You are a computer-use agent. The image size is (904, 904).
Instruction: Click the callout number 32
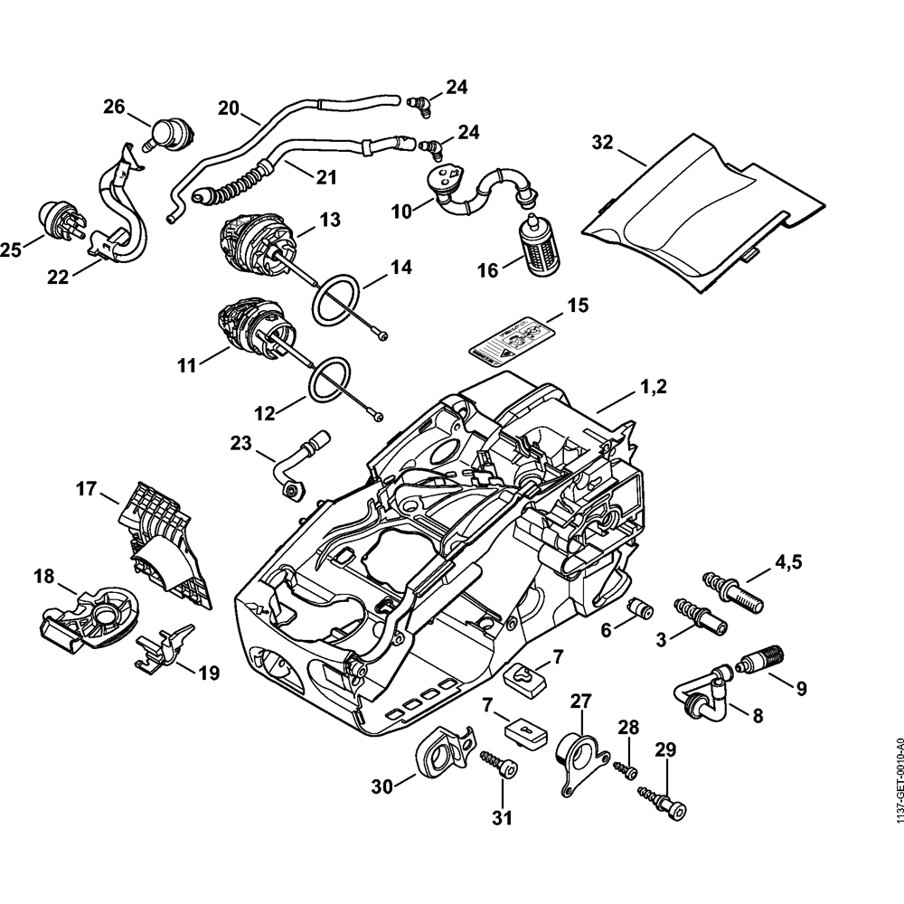(x=602, y=142)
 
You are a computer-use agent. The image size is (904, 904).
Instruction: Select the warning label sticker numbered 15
(x=513, y=341)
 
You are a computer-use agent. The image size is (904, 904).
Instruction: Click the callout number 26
(x=114, y=107)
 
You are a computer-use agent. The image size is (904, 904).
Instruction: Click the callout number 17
(x=86, y=488)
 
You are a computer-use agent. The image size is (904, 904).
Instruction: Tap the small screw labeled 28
(x=626, y=768)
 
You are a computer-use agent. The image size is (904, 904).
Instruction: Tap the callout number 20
(x=229, y=108)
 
